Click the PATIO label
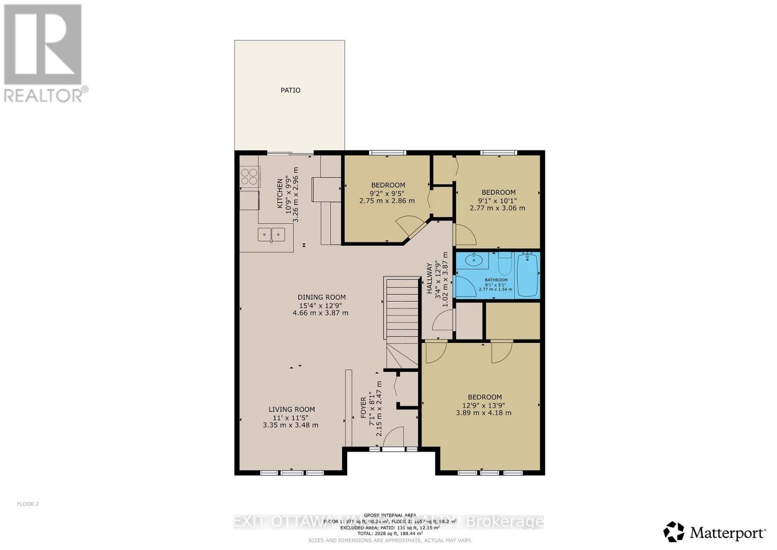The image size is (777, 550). coord(290,90)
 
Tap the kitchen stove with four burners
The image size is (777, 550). coord(250,176)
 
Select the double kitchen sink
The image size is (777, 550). coord(271,235)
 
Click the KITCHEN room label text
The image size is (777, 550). coord(280,194)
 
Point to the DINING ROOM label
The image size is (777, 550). coord(321,297)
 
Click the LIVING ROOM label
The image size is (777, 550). coord(291,410)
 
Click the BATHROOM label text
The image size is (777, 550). coord(496,280)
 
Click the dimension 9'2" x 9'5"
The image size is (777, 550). coord(388,193)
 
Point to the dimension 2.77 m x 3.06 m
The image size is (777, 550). coord(497,208)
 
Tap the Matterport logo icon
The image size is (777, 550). coord(674,532)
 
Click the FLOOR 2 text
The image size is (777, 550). coord(28,504)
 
